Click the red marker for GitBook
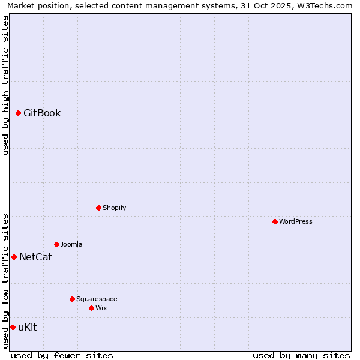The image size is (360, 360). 19,113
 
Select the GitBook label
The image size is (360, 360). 42,113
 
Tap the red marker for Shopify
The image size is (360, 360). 98,208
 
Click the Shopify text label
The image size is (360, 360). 114,208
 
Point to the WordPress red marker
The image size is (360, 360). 275,221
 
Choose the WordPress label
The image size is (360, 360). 296,221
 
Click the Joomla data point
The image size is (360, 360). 56,244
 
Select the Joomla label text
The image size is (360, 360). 71,244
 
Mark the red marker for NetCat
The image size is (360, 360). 14,257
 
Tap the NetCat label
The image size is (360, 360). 35,257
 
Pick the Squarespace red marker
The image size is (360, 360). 72,299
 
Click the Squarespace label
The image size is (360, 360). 97,299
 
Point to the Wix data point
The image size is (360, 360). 91,308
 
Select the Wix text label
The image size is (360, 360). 101,308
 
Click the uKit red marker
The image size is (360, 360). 13,327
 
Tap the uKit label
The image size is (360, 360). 28,327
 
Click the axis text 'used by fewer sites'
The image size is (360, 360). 62,355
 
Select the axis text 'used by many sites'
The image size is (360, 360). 301,355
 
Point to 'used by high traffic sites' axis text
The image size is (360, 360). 5,85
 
